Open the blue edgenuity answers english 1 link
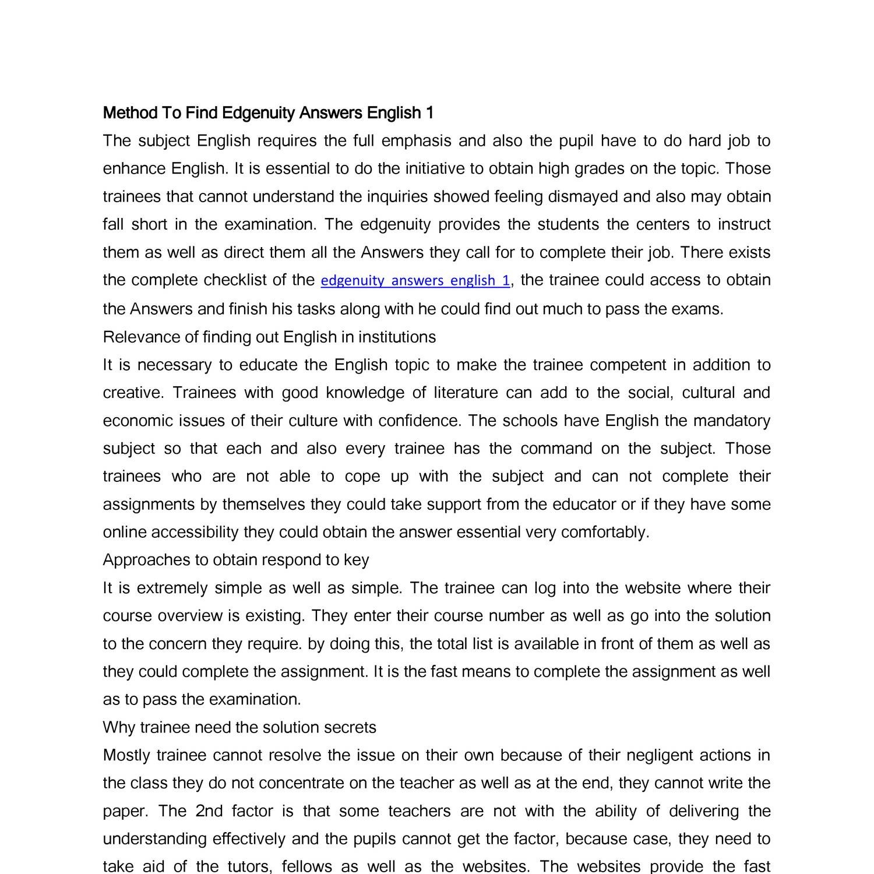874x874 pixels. coord(415,281)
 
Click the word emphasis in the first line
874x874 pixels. coord(416,141)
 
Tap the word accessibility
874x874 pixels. coord(190,533)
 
